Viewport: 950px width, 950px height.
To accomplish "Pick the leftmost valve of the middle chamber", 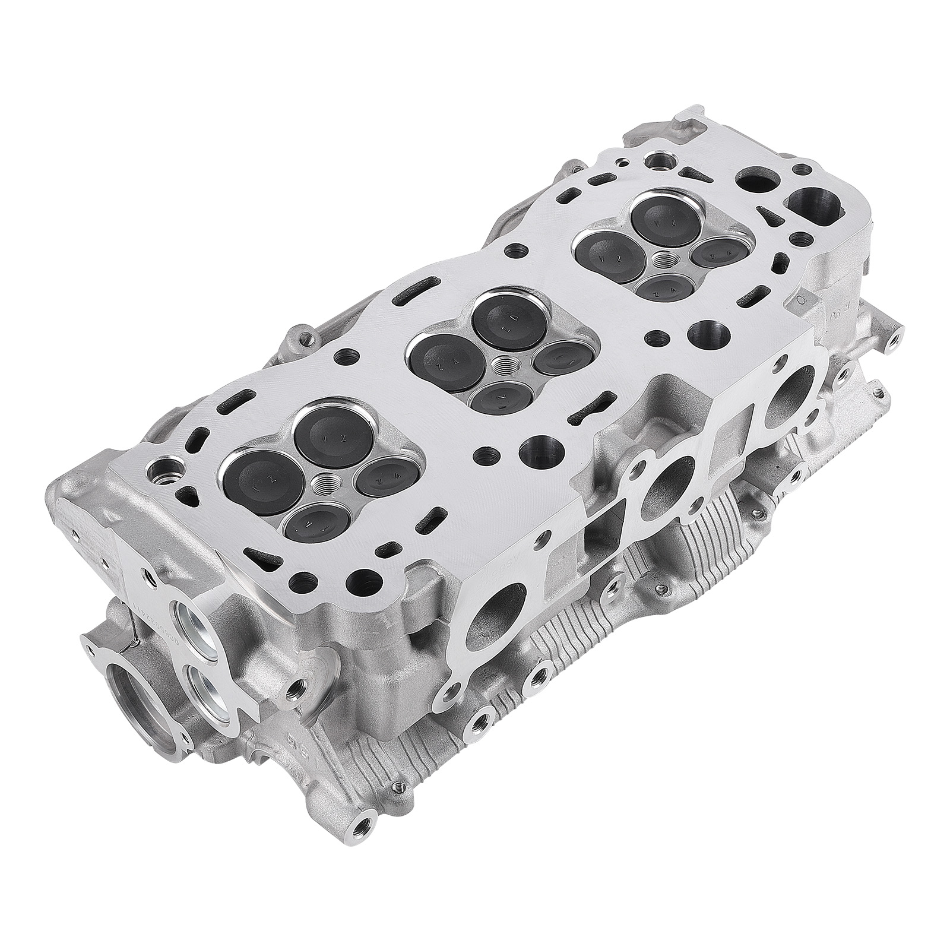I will click(x=442, y=358).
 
